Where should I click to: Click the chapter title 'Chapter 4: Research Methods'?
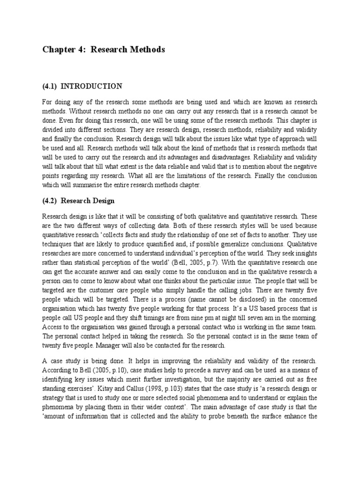[104, 49]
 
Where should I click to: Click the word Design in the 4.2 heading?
[103, 201]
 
